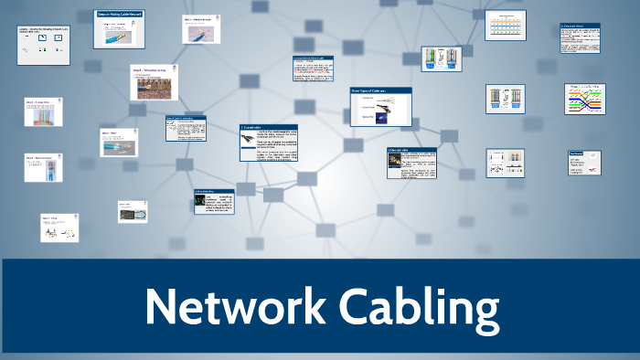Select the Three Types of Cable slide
click(x=379, y=106)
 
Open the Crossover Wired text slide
click(x=580, y=37)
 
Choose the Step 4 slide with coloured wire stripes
click(x=43, y=111)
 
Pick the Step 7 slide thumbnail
click(x=57, y=228)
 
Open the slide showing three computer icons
click(x=43, y=45)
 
